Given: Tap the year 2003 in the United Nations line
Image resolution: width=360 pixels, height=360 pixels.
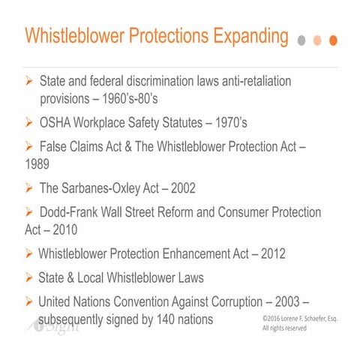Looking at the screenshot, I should [289, 303].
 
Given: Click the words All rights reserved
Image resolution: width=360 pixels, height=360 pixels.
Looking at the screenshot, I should [280, 328].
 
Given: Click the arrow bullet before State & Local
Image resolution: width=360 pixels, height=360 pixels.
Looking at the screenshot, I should [30, 278].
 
